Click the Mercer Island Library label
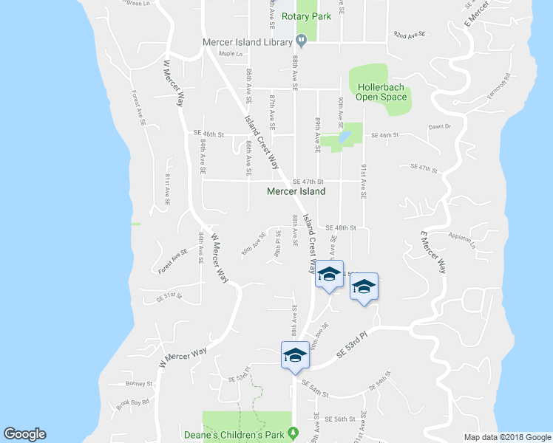click(248, 41)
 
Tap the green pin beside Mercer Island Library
click(301, 40)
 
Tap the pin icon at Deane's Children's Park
click(294, 432)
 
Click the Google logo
click(24, 434)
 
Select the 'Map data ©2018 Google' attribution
click(506, 437)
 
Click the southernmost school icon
click(294, 356)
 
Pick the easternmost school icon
click(363, 287)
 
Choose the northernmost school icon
click(329, 275)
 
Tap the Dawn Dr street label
click(439, 126)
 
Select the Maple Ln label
click(231, 54)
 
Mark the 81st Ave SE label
click(167, 189)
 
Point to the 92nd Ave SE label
click(411, 35)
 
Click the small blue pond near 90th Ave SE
click(344, 137)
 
